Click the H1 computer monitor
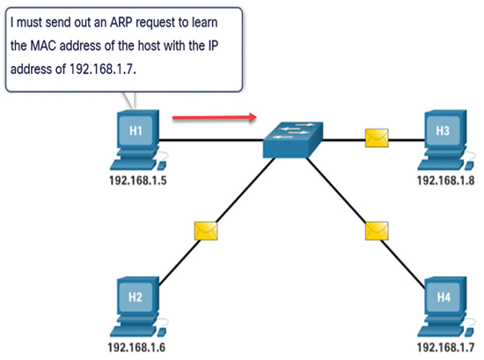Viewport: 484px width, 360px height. [x=138, y=129]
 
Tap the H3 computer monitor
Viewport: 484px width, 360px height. [x=445, y=129]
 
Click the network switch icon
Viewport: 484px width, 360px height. [x=293, y=140]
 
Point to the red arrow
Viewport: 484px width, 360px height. [x=215, y=117]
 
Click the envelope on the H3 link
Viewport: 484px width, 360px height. [x=377, y=138]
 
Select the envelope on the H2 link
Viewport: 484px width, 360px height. [x=206, y=231]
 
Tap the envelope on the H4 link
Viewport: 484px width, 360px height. [x=377, y=231]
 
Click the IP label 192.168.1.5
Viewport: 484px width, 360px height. [x=138, y=180]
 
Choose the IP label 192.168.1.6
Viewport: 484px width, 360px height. [x=136, y=348]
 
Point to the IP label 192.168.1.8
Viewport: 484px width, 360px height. [x=445, y=180]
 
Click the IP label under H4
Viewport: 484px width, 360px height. [x=445, y=348]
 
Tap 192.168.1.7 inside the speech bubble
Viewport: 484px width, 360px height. [x=102, y=69]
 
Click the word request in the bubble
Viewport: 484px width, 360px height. [x=155, y=24]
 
